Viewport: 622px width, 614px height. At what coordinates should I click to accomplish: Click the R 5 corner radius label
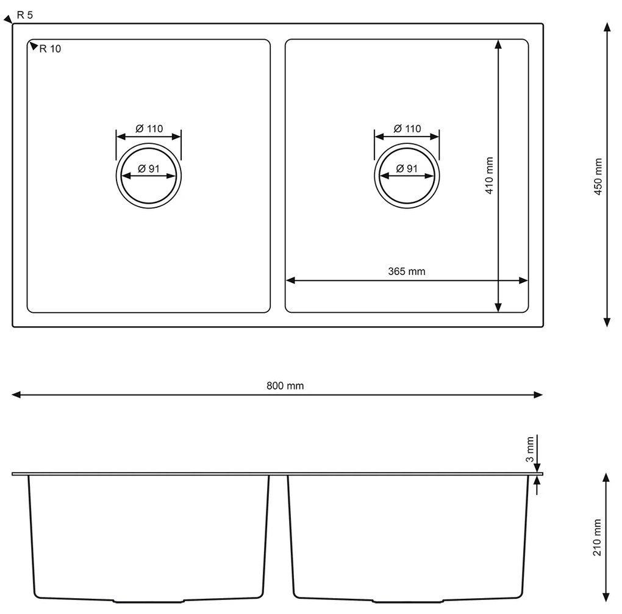pyautogui.click(x=25, y=15)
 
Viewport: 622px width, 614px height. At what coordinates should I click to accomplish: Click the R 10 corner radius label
pyautogui.click(x=50, y=49)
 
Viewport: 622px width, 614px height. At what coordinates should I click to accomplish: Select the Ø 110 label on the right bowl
pyautogui.click(x=407, y=129)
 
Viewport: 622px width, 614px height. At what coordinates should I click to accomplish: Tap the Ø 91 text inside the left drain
pyautogui.click(x=148, y=169)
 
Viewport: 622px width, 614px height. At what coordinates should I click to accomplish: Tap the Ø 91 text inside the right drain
pyautogui.click(x=406, y=169)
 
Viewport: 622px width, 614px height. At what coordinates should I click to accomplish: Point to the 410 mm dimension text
pyautogui.click(x=489, y=176)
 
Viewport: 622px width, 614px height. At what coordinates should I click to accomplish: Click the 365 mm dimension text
pyautogui.click(x=407, y=271)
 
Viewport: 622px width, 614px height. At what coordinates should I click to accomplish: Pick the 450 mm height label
pyautogui.click(x=598, y=176)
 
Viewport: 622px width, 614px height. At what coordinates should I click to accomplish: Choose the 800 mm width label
pyautogui.click(x=285, y=385)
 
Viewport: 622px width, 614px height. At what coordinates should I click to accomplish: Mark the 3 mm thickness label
pyautogui.click(x=530, y=451)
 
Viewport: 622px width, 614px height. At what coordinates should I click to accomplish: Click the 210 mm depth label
pyautogui.click(x=598, y=537)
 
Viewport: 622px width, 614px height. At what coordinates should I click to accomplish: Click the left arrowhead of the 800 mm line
pyautogui.click(x=16, y=395)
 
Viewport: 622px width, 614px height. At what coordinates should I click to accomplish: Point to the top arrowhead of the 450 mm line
pyautogui.click(x=607, y=27)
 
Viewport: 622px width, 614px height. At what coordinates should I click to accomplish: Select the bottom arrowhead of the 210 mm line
pyautogui.click(x=606, y=597)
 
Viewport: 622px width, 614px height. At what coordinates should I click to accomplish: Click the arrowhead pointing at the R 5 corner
pyautogui.click(x=8, y=20)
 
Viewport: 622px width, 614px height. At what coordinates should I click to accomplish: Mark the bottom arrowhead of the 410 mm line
pyautogui.click(x=499, y=308)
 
